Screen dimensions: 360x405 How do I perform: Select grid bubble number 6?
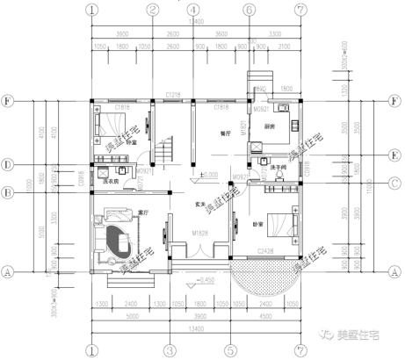coord(250,10)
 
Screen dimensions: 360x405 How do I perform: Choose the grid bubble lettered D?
coord(8,164)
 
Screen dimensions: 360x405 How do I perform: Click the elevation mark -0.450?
coord(206,279)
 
